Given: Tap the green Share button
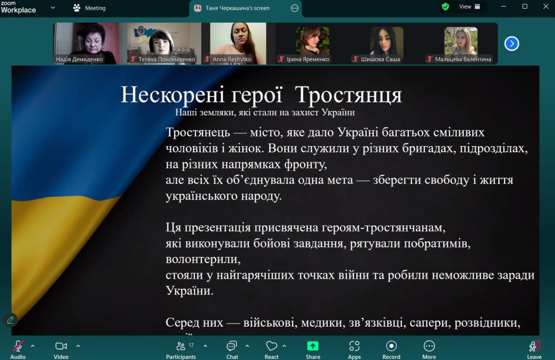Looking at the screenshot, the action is [313, 346].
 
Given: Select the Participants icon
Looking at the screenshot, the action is [181, 346].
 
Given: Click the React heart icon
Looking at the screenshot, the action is [271, 346].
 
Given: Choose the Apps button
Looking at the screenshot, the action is [354, 346].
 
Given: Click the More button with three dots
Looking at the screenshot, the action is [429, 346].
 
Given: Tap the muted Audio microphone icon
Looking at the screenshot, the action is [18, 346].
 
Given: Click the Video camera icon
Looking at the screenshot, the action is [61, 346].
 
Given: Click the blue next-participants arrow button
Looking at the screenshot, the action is [512, 43].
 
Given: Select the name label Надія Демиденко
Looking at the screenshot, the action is [79, 59].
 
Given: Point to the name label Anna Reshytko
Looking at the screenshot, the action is [232, 59].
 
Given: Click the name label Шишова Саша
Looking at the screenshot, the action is [380, 59].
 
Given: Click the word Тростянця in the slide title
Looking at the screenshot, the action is [349, 95].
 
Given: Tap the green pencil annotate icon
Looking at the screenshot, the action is [10, 320].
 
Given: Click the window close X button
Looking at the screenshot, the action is [546, 6].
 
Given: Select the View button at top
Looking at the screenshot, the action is [469, 6].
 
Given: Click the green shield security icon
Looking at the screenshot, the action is [445, 6].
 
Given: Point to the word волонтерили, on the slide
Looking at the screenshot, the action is [203, 260].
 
